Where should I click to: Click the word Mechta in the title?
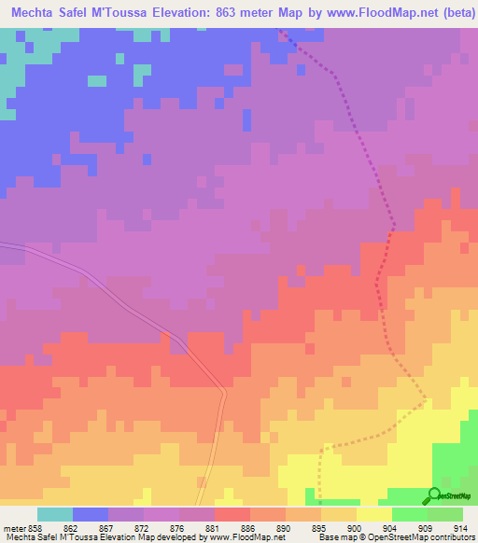click(35, 12)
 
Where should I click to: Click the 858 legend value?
click(35, 527)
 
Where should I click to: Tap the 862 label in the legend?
click(71, 527)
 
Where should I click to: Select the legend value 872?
click(142, 527)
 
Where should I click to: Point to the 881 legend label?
click(213, 527)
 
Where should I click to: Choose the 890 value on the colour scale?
click(284, 527)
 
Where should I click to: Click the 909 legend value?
click(426, 527)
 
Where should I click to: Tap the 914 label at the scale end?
click(461, 527)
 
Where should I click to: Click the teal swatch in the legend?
click(54, 514)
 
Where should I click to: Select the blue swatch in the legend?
click(90, 514)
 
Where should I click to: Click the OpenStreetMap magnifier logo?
click(432, 495)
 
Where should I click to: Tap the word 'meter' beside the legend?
click(13, 527)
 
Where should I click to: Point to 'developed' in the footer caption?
click(158, 537)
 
